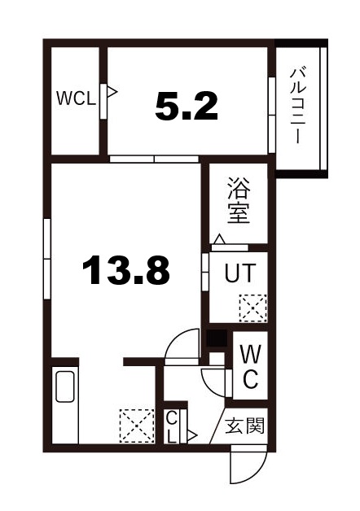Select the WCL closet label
(x=76, y=98)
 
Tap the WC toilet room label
(x=251, y=365)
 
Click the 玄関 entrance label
(x=244, y=425)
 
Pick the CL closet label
(x=173, y=426)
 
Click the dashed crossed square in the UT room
(x=248, y=308)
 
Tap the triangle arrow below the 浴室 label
(x=218, y=239)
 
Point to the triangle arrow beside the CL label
(x=192, y=435)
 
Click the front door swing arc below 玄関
(x=244, y=468)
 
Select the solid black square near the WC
(x=215, y=339)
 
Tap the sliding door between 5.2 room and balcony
(x=270, y=114)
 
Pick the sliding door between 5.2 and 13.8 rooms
(x=154, y=159)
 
